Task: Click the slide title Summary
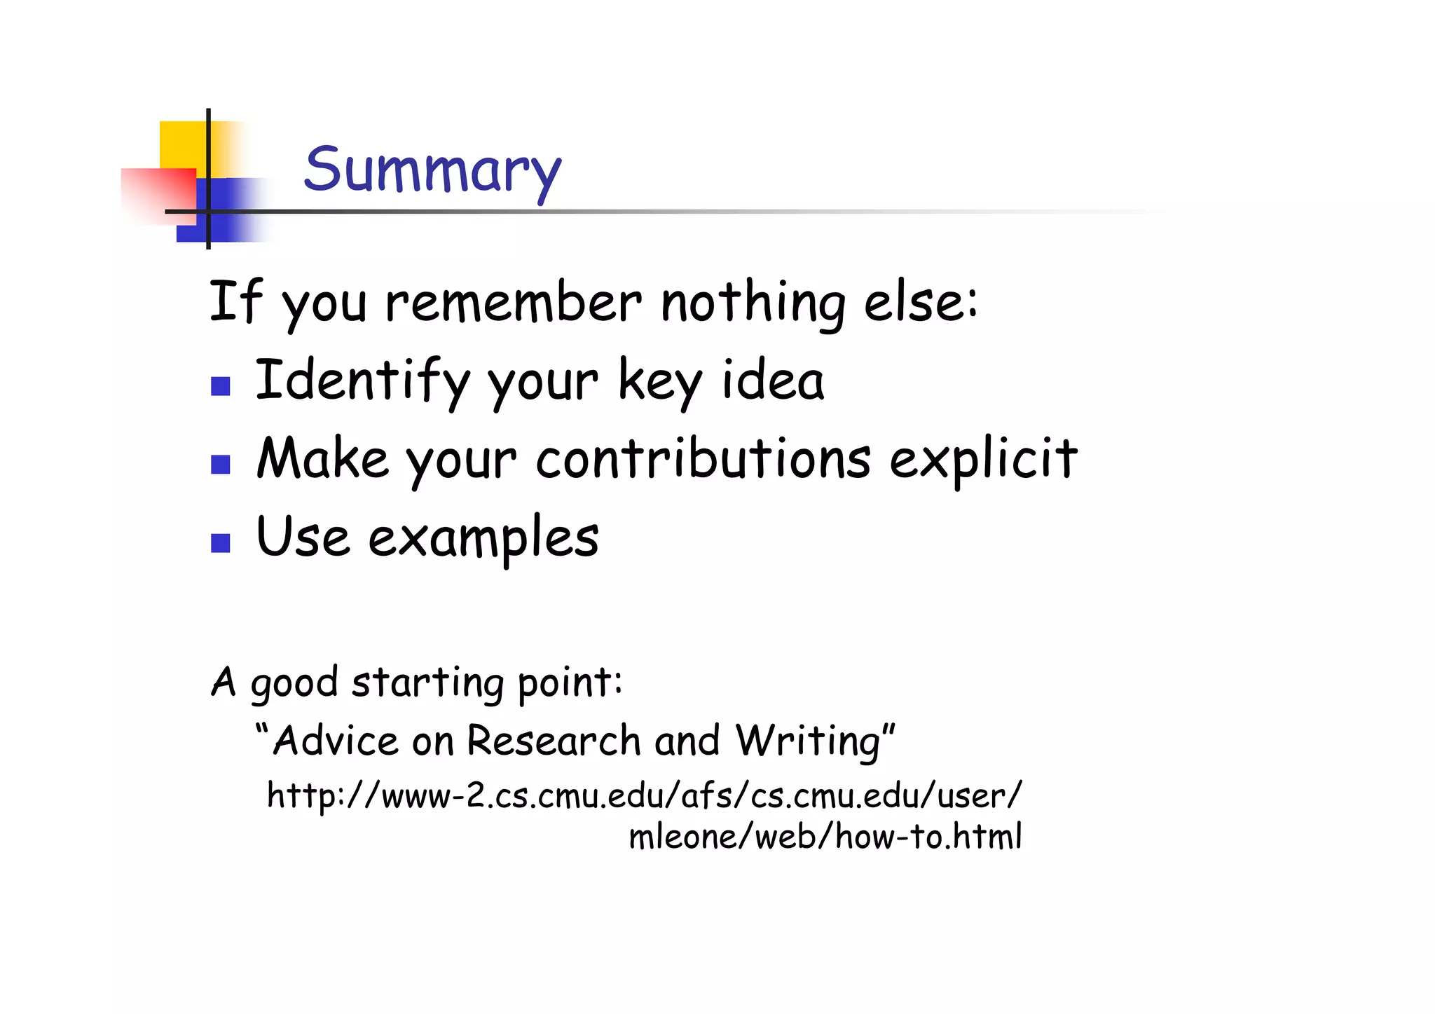pos(432,170)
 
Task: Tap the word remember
pos(513,303)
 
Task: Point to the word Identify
pos(362,381)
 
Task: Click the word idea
pos(773,381)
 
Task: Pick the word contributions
pos(703,459)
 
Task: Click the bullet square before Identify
pos(221,386)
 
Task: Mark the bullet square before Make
pos(221,465)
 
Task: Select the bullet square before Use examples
pos(221,543)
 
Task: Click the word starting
pos(427,682)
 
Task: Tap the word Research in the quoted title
pos(554,741)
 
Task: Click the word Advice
pos(336,741)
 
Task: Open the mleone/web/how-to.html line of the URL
pos(825,837)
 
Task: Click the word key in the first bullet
pos(659,381)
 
